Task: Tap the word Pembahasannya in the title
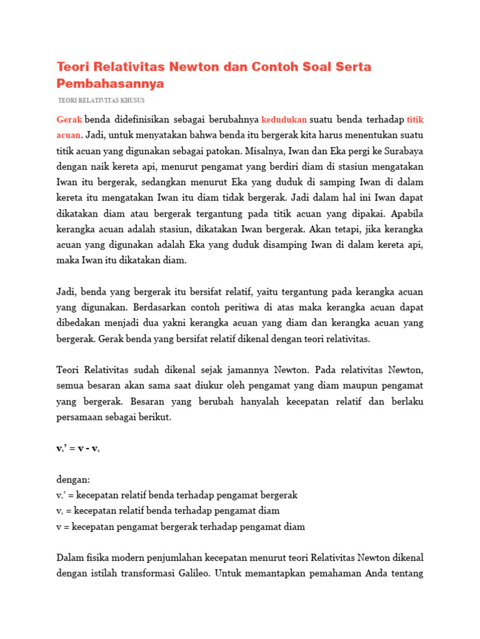pos(110,83)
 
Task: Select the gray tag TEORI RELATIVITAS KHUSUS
pos(101,100)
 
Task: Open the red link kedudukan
pos(284,119)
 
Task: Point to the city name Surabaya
pos(400,152)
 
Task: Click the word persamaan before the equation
pos(80,417)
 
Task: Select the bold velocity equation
pos(78,449)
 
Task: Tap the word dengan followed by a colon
pos(72,480)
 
